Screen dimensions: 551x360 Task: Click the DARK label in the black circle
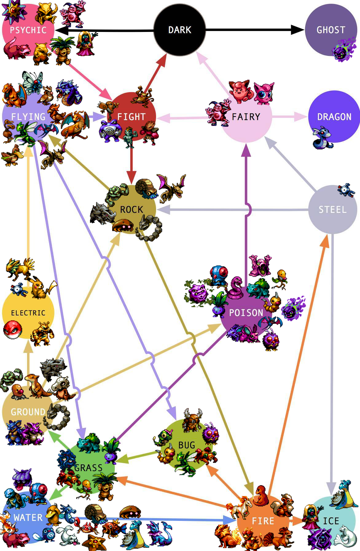pyautogui.click(x=180, y=30)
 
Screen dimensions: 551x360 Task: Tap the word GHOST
pyautogui.click(x=331, y=30)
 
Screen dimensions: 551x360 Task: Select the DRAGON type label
pyautogui.click(x=334, y=117)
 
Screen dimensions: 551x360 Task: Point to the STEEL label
pyautogui.click(x=332, y=210)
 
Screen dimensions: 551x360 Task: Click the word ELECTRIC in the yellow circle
pyautogui.click(x=28, y=313)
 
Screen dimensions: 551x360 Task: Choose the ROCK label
pyautogui.click(x=131, y=210)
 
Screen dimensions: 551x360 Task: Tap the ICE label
pyautogui.click(x=331, y=521)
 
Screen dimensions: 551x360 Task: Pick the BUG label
pyautogui.click(x=186, y=445)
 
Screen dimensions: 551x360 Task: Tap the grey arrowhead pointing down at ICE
pyautogui.click(x=331, y=488)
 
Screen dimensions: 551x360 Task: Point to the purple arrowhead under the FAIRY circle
pyautogui.click(x=246, y=150)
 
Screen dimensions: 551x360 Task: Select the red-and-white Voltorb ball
pyautogui.click(x=13, y=330)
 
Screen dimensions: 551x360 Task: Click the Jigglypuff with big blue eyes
pyautogui.click(x=264, y=92)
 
